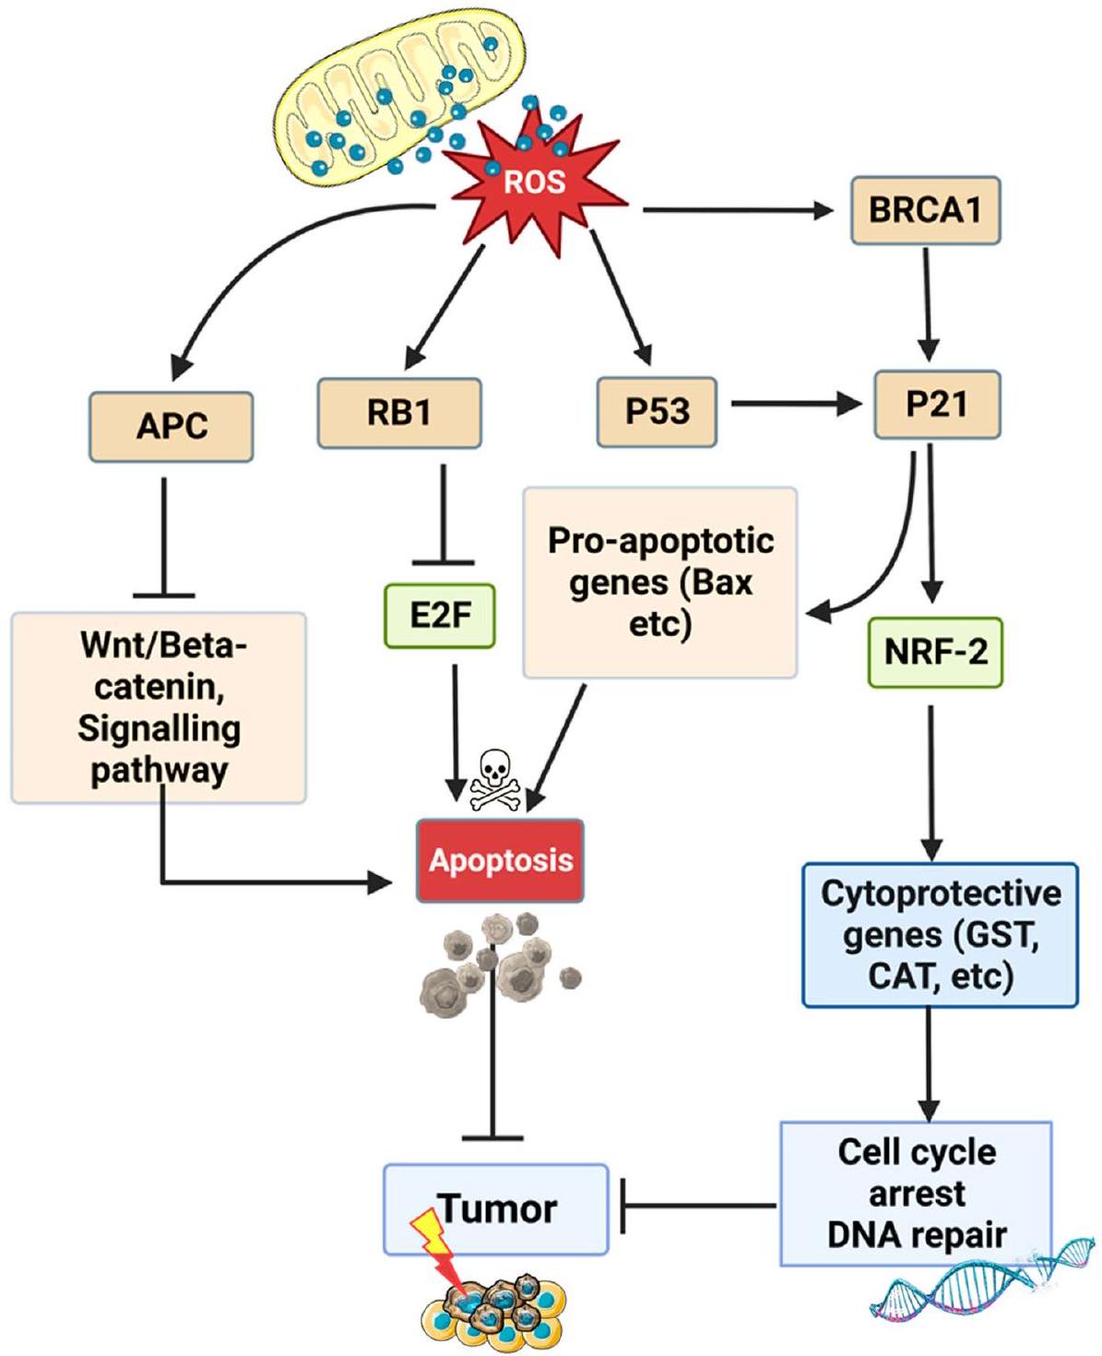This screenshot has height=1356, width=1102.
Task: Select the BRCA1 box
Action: coord(925,210)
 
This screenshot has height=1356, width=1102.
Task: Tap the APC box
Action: coord(172,427)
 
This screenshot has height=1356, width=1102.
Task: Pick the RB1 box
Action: coord(398,412)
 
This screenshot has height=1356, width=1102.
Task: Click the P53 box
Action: coord(657,411)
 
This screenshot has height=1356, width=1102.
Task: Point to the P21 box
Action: coord(936,405)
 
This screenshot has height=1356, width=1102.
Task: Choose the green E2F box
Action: coord(441,616)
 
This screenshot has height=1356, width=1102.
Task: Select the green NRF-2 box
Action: coord(935,652)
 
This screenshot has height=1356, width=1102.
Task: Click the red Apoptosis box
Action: coord(501,860)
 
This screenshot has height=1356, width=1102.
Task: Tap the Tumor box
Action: coord(496,1209)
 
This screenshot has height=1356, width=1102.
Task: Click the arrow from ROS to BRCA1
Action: coord(738,210)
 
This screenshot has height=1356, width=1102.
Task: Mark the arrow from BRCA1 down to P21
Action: coord(927,304)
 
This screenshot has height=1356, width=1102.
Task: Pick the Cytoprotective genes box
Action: coord(940,934)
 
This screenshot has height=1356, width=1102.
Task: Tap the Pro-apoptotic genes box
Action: coord(659,583)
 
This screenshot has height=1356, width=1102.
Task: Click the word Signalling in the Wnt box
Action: coord(159,729)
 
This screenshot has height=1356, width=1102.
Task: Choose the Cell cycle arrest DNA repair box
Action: coord(916,1193)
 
